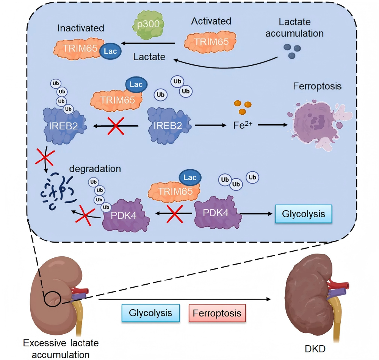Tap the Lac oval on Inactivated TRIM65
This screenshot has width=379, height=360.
pos(110,50)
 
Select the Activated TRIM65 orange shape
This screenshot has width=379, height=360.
pos(210,41)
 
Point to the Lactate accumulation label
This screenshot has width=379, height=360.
pos(294,27)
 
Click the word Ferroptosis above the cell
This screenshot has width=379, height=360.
pos(318,87)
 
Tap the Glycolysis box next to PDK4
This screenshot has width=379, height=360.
pos(303,214)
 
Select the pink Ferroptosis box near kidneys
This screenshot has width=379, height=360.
pos(217,313)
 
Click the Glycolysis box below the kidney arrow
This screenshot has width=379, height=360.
pos(150,313)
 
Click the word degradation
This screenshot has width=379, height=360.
pos(95,168)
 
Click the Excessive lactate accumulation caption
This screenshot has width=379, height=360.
pos(61,349)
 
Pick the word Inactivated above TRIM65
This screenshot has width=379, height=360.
pos(81,28)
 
